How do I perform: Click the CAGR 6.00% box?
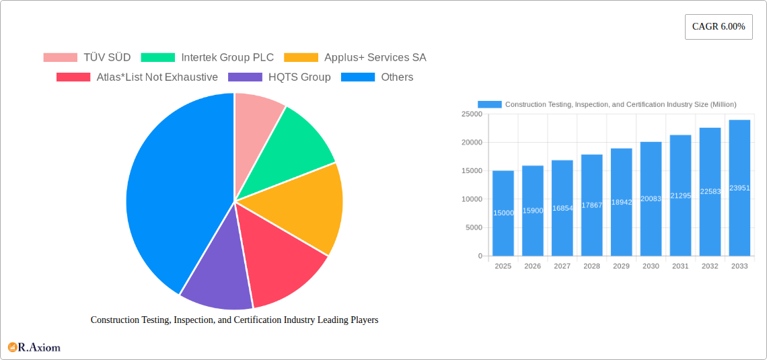[719, 27]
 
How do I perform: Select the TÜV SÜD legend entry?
[87, 57]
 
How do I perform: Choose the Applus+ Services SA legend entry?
[355, 57]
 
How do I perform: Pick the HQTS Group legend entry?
[280, 77]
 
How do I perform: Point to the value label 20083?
[651, 199]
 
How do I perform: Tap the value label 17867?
[591, 205]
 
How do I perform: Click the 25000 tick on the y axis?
[471, 114]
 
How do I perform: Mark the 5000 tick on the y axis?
[473, 227]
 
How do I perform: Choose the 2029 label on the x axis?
[621, 266]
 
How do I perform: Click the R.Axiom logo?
[34, 347]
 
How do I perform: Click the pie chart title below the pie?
[234, 320]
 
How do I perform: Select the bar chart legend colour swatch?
[490, 104]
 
